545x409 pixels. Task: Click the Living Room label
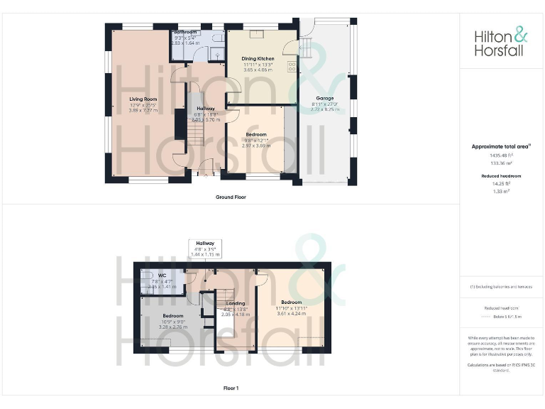(x=143, y=99)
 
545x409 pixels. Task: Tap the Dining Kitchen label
(x=258, y=60)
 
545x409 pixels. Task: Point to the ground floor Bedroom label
(x=256, y=134)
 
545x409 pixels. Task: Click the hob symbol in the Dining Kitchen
(x=291, y=68)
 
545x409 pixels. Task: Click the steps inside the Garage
(x=307, y=49)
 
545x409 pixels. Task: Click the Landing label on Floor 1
(x=235, y=303)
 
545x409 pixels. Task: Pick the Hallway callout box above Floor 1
(x=205, y=248)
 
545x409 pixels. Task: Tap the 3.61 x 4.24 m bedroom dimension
(x=290, y=313)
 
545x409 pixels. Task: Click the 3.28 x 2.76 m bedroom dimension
(x=173, y=327)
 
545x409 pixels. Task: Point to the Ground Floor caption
(x=231, y=197)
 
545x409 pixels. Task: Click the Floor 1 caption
(x=231, y=388)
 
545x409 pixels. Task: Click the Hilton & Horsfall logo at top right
(x=502, y=42)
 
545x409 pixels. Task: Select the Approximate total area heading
(x=501, y=146)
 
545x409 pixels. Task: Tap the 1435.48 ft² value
(x=502, y=155)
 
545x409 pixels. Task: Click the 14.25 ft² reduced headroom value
(x=502, y=182)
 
